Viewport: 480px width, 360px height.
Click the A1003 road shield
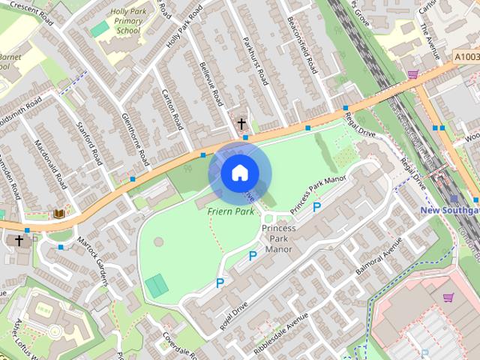click(465, 56)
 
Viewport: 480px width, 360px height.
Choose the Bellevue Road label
click(209, 83)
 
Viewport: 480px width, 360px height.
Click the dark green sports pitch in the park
click(157, 286)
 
